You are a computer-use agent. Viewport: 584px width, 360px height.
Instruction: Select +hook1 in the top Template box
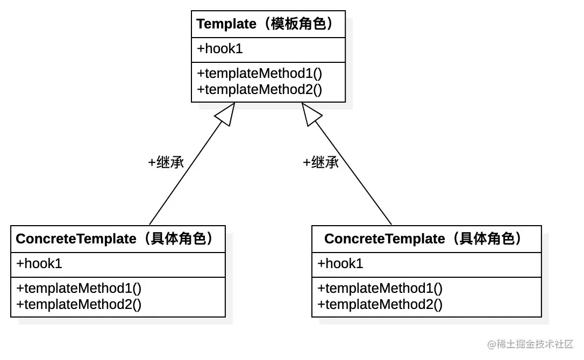[220, 49]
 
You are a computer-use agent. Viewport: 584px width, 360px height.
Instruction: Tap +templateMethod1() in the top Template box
[260, 73]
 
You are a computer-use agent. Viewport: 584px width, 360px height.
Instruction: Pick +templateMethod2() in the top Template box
[260, 89]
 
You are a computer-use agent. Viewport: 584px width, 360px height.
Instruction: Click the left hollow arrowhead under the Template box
[226, 113]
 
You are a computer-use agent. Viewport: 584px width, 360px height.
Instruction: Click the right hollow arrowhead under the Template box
[310, 113]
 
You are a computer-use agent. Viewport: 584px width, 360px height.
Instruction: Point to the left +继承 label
[166, 162]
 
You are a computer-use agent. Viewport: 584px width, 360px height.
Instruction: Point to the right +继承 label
[321, 162]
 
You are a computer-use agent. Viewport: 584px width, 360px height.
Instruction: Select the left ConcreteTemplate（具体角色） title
[115, 239]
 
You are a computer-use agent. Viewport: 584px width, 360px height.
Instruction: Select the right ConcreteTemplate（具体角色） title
[423, 239]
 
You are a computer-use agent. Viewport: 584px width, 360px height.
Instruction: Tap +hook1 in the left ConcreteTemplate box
[39, 264]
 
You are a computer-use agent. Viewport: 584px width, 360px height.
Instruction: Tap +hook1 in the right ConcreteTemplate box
[340, 264]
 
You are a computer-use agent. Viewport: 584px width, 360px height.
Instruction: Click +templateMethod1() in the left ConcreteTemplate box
[79, 288]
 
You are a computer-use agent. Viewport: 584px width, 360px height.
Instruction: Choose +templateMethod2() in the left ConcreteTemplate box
[79, 304]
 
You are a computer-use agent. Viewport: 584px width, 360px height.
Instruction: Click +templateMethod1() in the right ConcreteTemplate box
[380, 288]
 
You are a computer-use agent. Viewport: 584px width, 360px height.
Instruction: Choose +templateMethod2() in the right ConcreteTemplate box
[380, 304]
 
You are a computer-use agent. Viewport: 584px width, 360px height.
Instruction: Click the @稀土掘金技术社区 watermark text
[530, 344]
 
